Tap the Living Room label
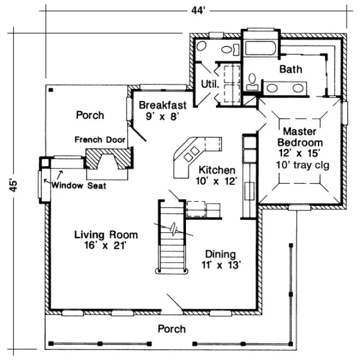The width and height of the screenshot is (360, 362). [x=106, y=234]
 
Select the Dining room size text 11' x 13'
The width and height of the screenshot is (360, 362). [x=220, y=266]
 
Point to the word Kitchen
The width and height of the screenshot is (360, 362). [x=217, y=170]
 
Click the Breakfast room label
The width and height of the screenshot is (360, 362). [x=163, y=105]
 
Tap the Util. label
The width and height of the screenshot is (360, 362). [x=211, y=85]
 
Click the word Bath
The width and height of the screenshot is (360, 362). [x=290, y=69]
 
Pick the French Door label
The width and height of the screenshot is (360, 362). [x=100, y=140]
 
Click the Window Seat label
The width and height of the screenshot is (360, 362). [x=79, y=185]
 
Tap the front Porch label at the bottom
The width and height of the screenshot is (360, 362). [x=172, y=329]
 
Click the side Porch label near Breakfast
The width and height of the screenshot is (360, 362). [x=90, y=115]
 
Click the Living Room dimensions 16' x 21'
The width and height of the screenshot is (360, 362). [x=106, y=245]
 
